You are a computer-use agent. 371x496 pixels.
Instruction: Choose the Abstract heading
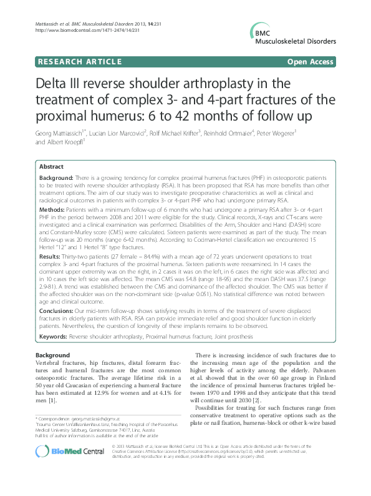pyautogui.click(x=51, y=167)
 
